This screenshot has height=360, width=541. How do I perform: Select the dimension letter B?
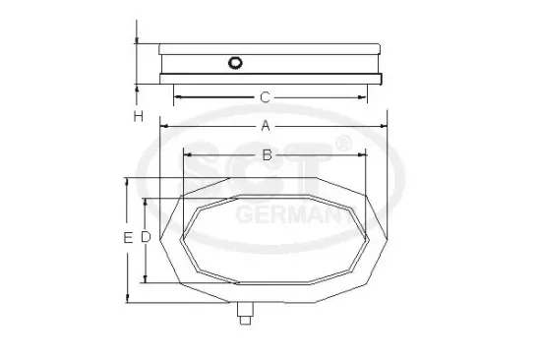pos(267,154)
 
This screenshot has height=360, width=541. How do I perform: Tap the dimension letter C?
pos(266,97)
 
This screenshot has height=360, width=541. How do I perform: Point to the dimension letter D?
pos(144,237)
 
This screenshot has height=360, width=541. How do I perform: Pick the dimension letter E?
pos(128,238)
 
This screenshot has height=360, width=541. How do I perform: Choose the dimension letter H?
pos(139,116)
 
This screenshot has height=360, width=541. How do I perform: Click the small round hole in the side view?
pos(234,64)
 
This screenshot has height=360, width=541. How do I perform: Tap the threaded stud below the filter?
pos(245,315)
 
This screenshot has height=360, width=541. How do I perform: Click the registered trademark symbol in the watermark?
pos(342,145)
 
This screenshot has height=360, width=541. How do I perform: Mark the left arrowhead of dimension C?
pos(178,96)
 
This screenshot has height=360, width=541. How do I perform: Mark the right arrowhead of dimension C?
pos(366,96)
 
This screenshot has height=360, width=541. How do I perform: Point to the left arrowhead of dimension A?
pos(163,126)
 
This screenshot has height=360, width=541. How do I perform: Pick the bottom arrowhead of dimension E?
pos(127,299)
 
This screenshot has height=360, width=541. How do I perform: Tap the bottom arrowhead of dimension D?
pos(146,279)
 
